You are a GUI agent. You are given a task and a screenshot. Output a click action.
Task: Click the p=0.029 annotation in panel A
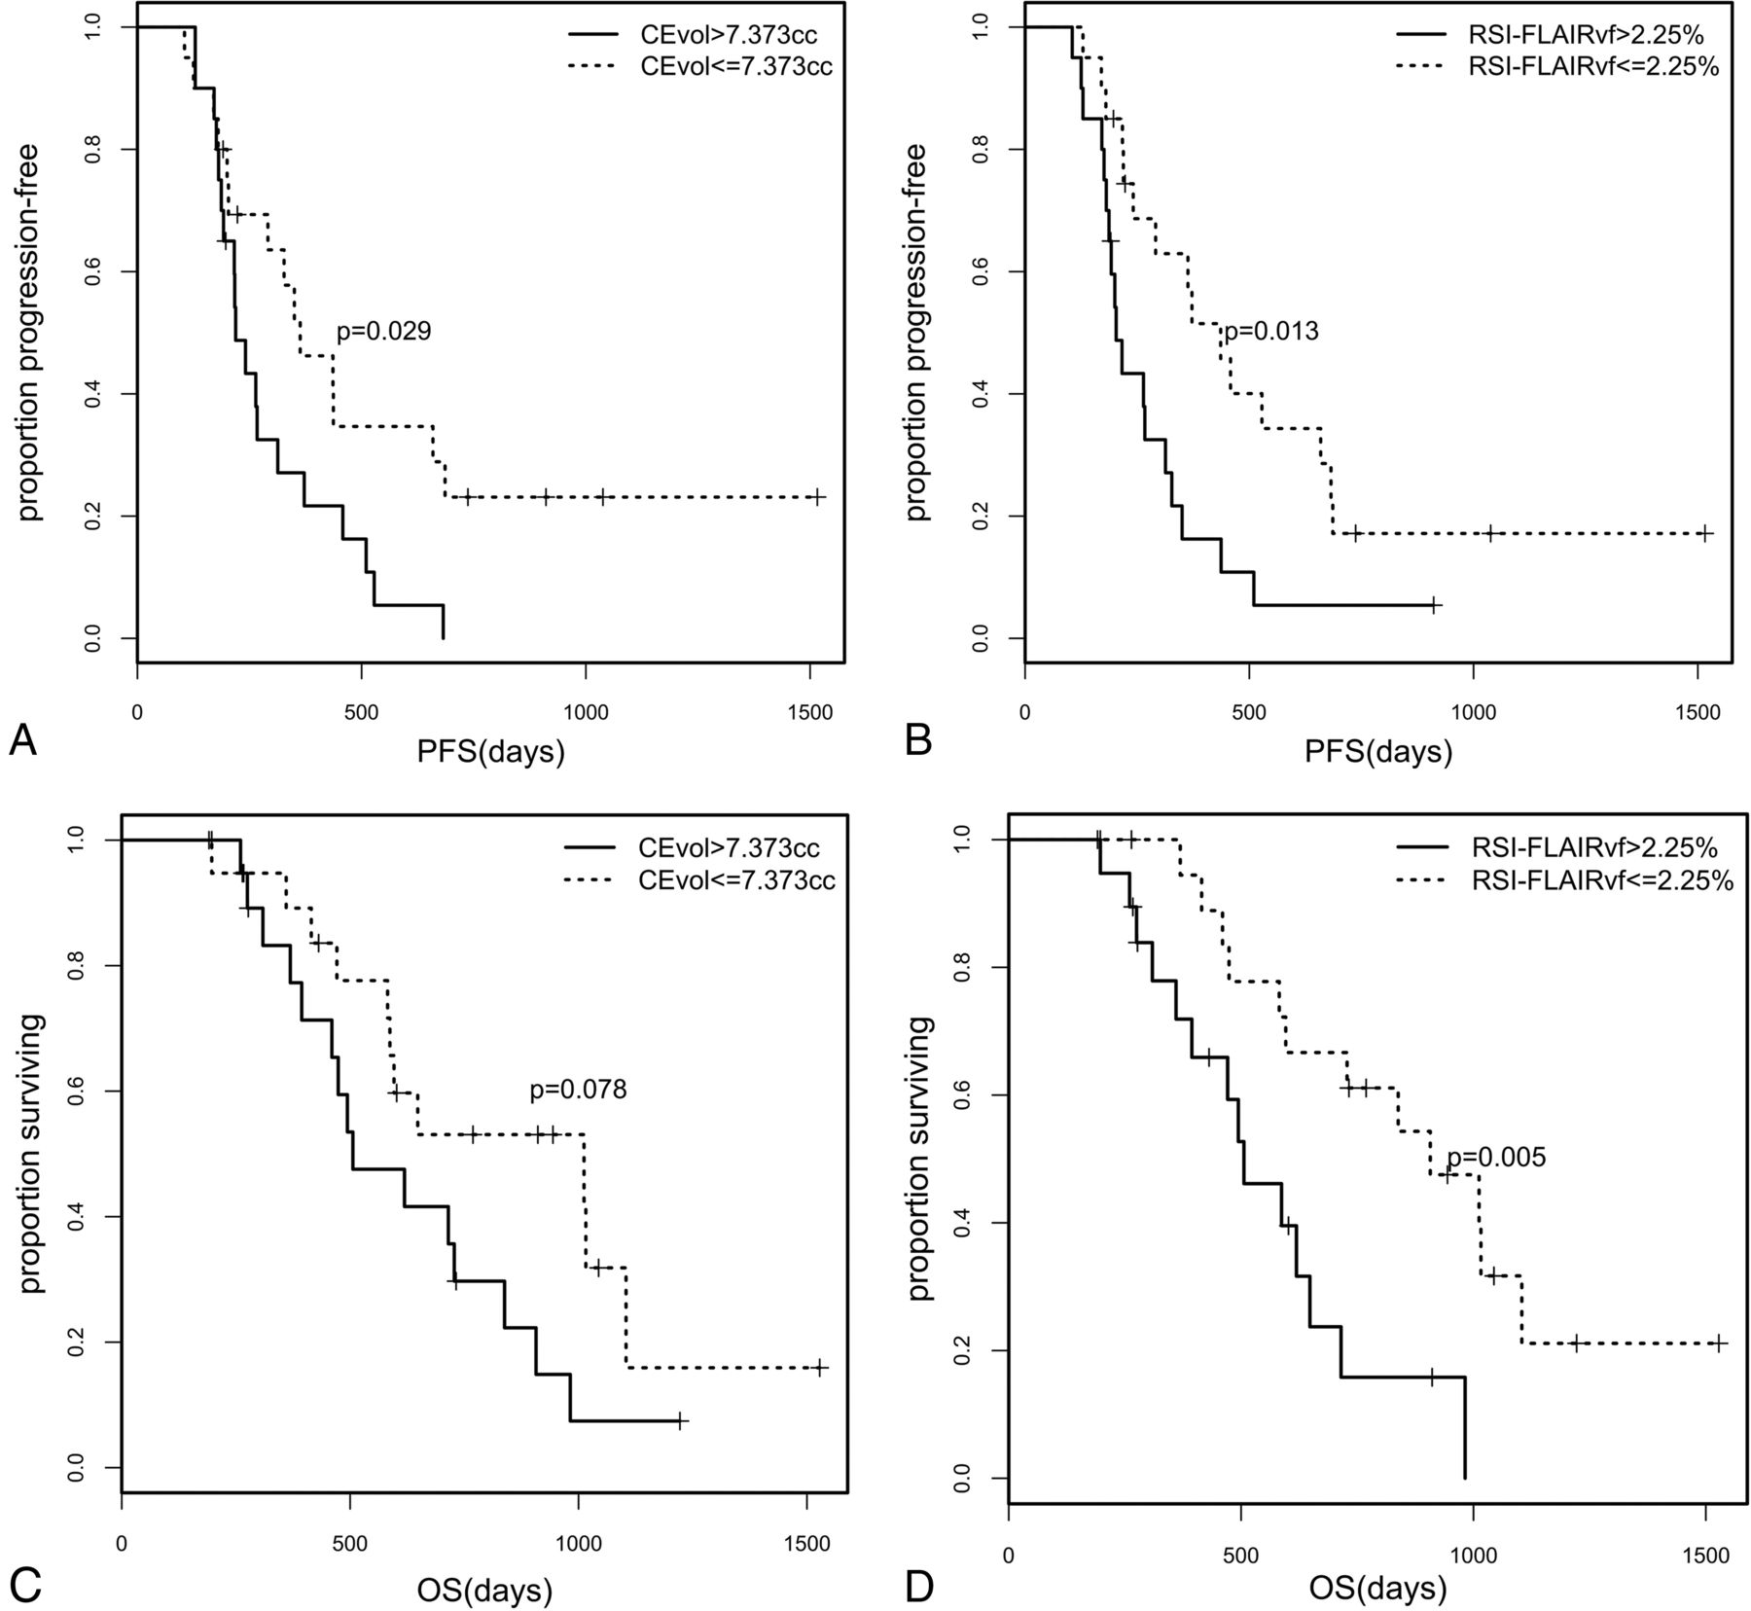pos(383,332)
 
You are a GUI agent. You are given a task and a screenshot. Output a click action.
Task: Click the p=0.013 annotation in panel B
pos(1270,332)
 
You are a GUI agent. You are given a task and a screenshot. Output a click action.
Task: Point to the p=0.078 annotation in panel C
pos(578,1090)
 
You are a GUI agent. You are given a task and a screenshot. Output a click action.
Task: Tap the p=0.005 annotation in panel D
pos(1495,1158)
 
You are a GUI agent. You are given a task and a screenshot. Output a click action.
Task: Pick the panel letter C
pos(23,1584)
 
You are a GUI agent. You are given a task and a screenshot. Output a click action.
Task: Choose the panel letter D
pos(918,1584)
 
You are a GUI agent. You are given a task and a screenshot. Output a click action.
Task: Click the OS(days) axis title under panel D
pos(1377,1590)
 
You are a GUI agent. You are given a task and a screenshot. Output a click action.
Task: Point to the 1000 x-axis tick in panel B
pos(1474,712)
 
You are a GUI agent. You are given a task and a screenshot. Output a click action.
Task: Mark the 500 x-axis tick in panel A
pos(362,712)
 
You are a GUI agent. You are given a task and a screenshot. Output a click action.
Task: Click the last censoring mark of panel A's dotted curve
pos(817,497)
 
